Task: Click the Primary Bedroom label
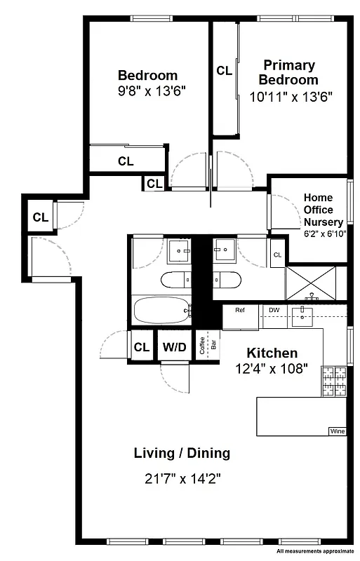(289, 72)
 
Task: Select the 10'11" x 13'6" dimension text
(291, 96)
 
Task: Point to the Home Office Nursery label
(323, 210)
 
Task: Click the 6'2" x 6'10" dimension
(324, 233)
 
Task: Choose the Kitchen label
(271, 353)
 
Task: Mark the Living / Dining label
(182, 453)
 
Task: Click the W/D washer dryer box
(174, 346)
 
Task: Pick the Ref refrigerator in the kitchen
(240, 316)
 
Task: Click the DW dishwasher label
(274, 310)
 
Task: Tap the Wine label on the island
(337, 431)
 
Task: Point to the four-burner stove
(334, 383)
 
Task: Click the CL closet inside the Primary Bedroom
(224, 70)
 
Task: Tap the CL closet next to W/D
(142, 346)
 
